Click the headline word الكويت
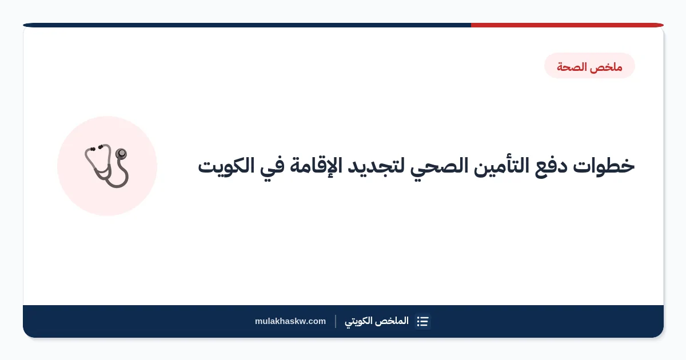point(226,165)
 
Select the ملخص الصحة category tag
point(589,66)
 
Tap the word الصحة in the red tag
point(572,66)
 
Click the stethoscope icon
point(106,166)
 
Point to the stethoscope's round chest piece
point(121,153)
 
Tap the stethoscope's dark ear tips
point(96,148)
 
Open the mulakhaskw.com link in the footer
point(290,321)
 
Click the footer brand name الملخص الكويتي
point(377,321)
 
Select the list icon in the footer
point(422,321)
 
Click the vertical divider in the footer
point(336,321)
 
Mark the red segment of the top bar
point(567,25)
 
